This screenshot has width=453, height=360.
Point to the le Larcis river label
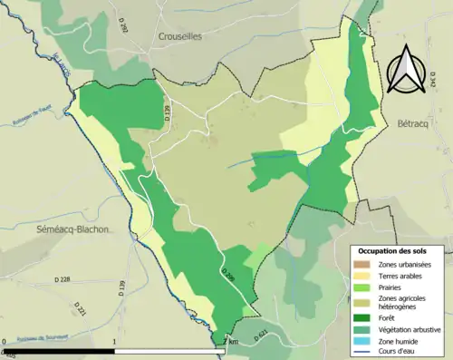coord(63,69)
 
